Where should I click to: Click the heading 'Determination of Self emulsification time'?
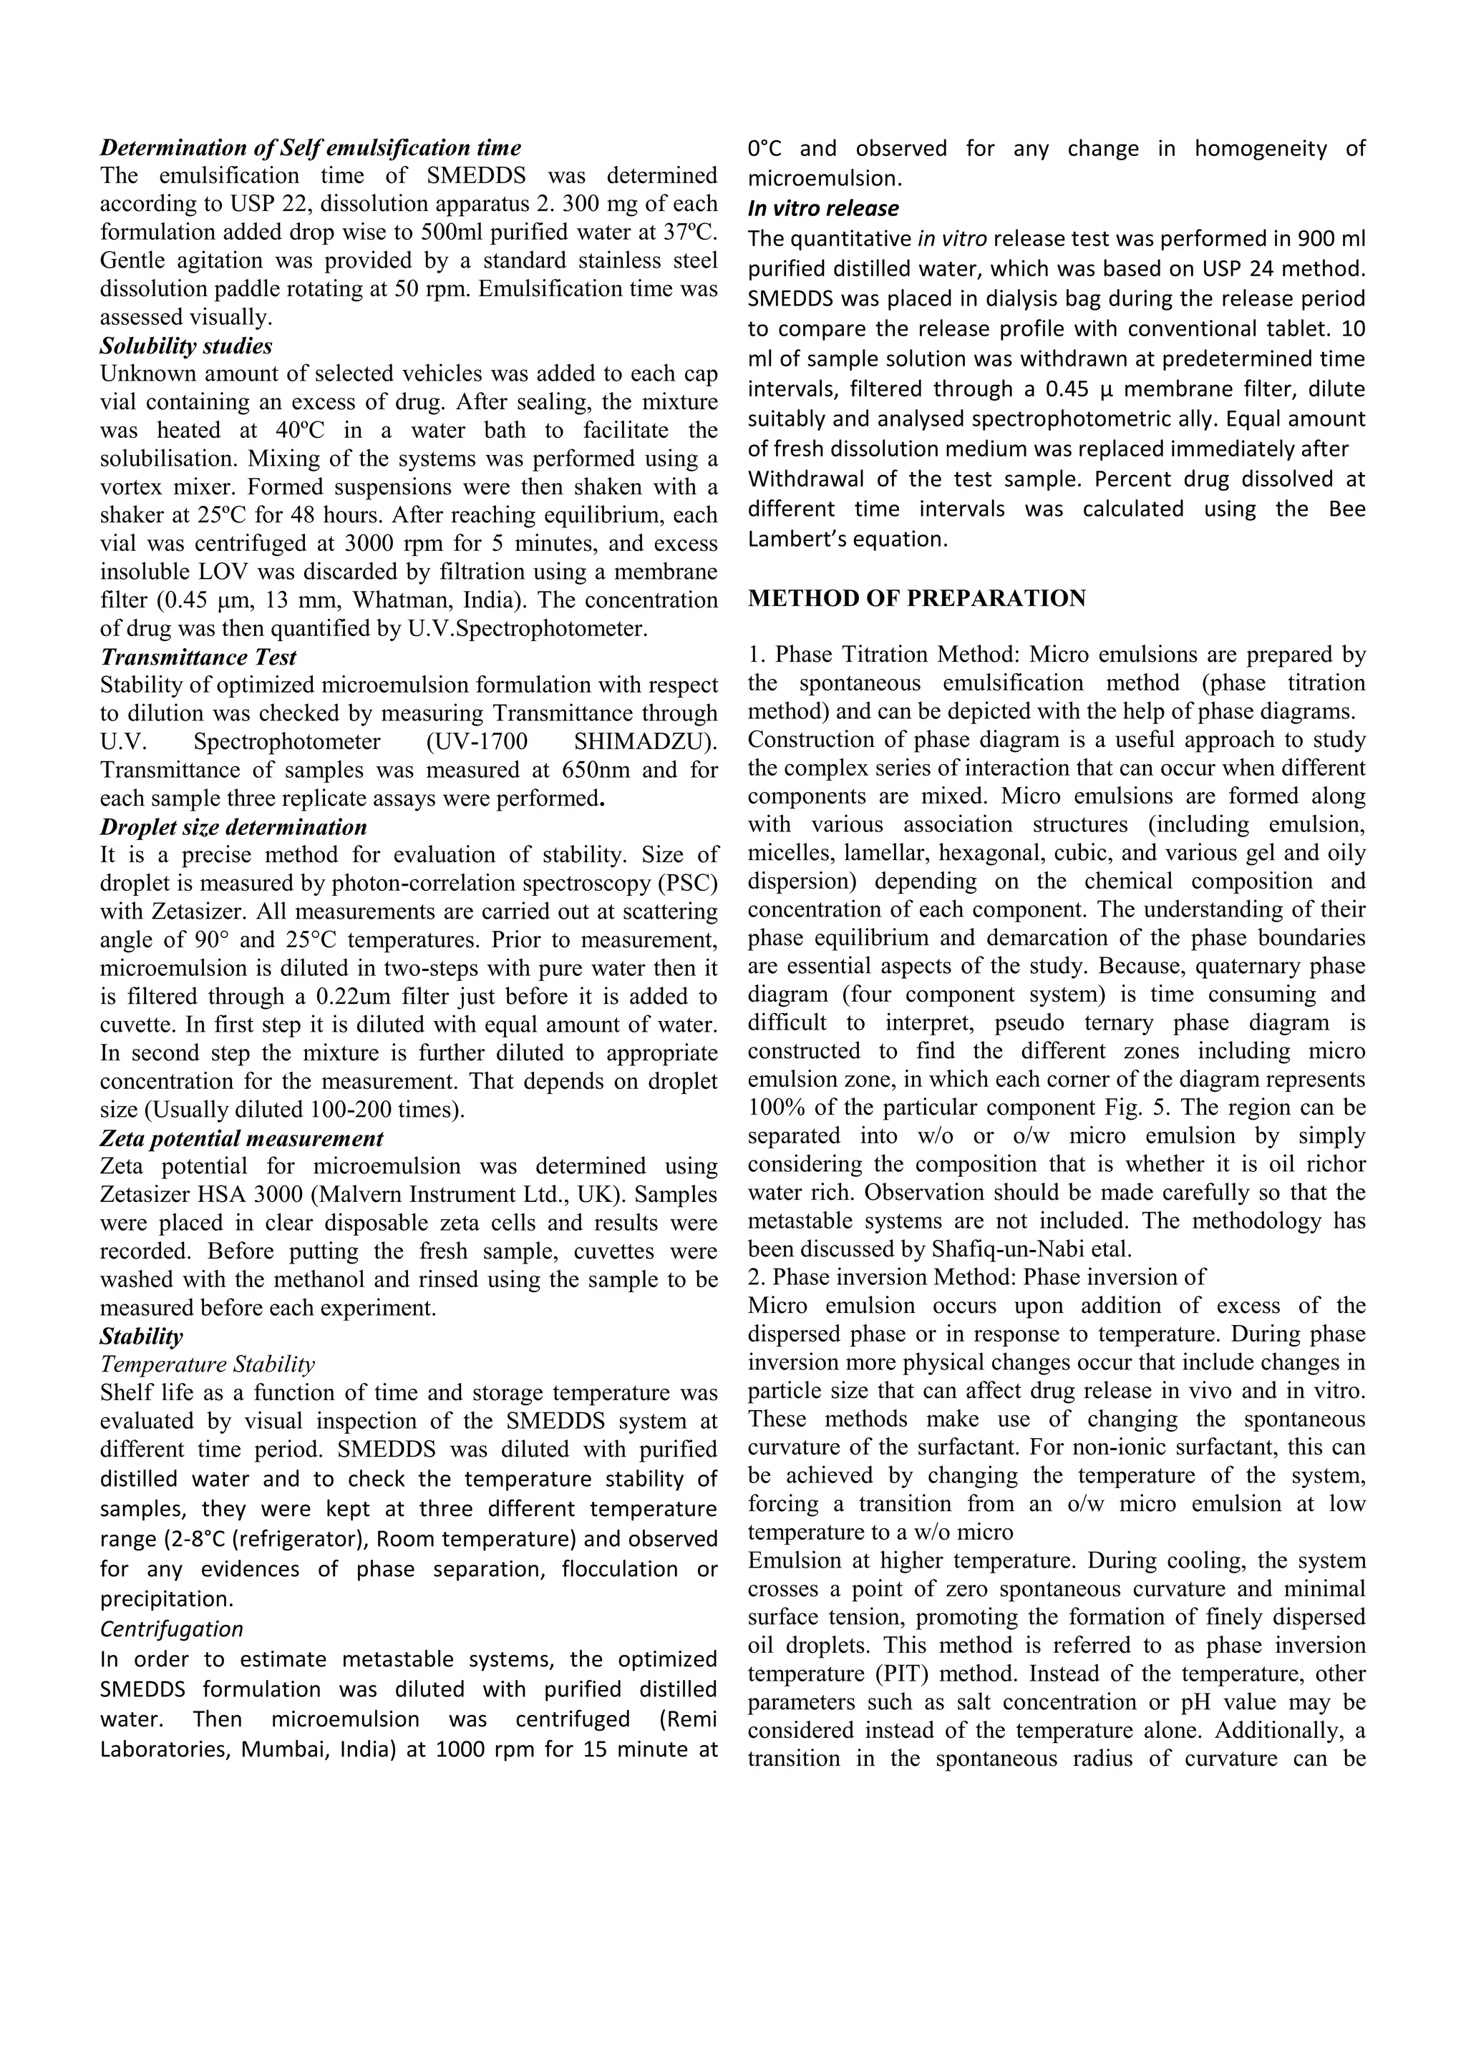tap(311, 147)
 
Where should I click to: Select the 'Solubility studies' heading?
tap(186, 346)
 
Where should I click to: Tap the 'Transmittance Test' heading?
tap(198, 657)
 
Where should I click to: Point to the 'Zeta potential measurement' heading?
tap(241, 1138)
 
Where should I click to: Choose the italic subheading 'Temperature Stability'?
tap(207, 1364)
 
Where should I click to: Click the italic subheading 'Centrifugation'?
tap(172, 1629)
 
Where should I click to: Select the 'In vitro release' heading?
tap(822, 208)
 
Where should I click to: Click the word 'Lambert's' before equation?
tap(795, 539)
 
